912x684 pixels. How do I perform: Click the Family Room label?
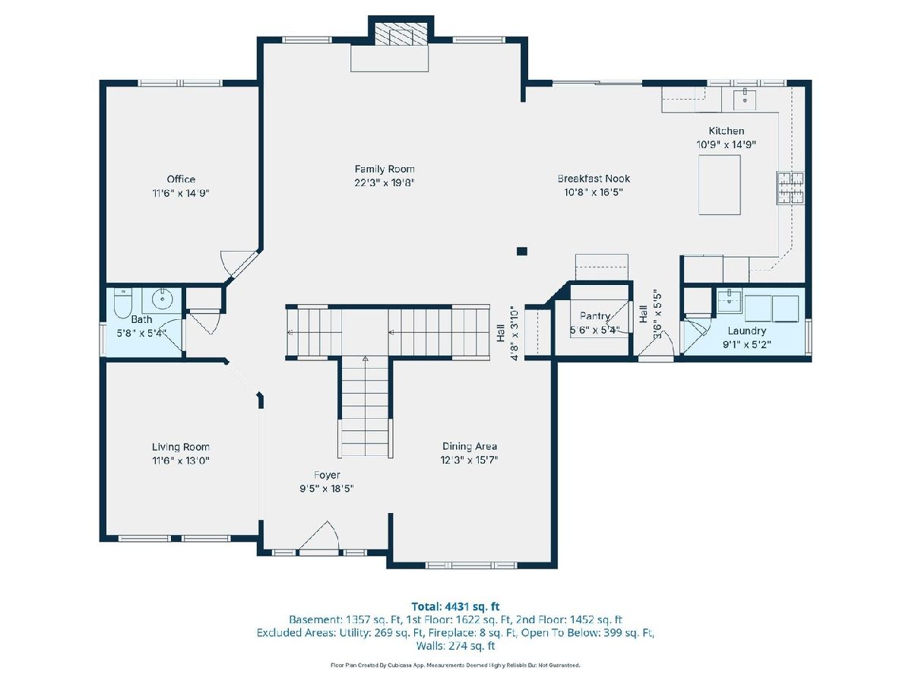[x=385, y=169]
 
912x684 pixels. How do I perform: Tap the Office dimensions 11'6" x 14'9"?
[x=181, y=193]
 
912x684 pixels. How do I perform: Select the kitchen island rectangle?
[x=719, y=185]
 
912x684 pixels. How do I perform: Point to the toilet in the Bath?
[x=122, y=303]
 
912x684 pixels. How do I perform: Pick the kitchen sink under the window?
[x=745, y=99]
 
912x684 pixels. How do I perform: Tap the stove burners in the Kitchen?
[x=790, y=188]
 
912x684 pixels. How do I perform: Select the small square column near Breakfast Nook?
[x=522, y=252]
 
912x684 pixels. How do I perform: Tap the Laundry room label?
[x=746, y=331]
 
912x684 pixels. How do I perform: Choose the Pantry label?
[x=595, y=316]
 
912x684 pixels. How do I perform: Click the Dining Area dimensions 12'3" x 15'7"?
[x=469, y=460]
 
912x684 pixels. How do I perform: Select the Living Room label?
[x=180, y=447]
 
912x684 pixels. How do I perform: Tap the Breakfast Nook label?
[x=594, y=179]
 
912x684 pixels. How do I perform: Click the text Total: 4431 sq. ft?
[x=455, y=606]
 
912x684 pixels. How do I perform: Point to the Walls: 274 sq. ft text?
[x=455, y=646]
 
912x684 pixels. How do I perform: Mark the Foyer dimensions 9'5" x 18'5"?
[x=327, y=489]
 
